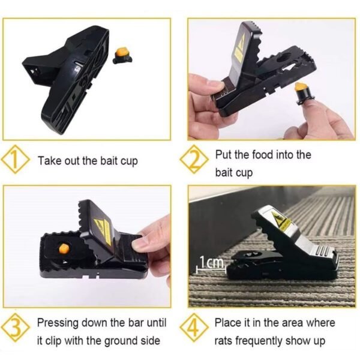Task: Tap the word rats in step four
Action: tap(226, 341)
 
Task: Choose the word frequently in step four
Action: tap(271, 341)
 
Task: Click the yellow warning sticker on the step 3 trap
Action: tap(104, 228)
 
